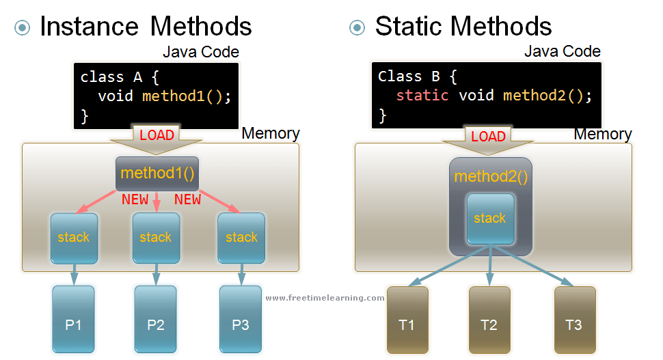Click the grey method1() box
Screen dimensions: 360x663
pos(157,174)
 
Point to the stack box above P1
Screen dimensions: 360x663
pos(74,238)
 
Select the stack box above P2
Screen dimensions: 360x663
pos(156,238)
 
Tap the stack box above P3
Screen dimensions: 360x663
pos(241,238)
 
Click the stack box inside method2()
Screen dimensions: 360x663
pos(490,219)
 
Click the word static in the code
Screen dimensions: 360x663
pos(422,95)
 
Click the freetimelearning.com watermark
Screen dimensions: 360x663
pos(325,298)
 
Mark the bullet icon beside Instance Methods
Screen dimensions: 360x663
pos(23,27)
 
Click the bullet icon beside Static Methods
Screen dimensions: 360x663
pos(357,27)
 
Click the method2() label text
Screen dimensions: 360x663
pos(490,176)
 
